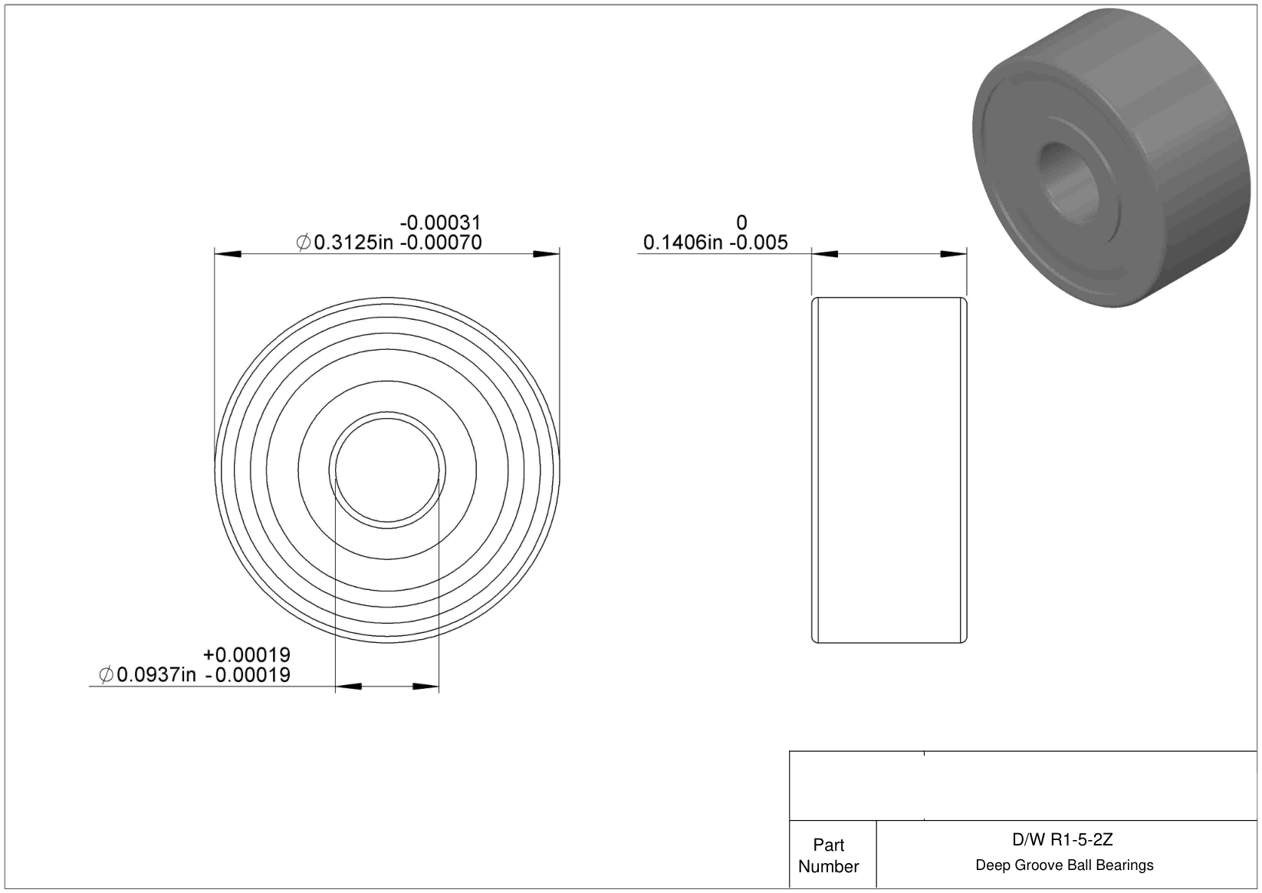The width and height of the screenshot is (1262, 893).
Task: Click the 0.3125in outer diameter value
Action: click(353, 242)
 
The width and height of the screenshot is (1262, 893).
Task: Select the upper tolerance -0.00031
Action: click(441, 222)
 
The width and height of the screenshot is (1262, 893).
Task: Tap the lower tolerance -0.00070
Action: click(441, 242)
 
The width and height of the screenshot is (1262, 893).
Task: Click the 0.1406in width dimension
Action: click(682, 242)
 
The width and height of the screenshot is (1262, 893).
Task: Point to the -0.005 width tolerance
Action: click(758, 242)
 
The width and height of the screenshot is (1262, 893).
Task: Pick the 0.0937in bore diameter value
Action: click(156, 675)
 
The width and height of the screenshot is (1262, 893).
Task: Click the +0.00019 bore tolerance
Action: click(247, 654)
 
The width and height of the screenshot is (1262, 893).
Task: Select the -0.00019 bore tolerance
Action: click(248, 675)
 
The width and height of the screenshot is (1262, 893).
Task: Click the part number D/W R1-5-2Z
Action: click(1063, 840)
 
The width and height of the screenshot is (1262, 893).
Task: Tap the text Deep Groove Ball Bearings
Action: click(1064, 865)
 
